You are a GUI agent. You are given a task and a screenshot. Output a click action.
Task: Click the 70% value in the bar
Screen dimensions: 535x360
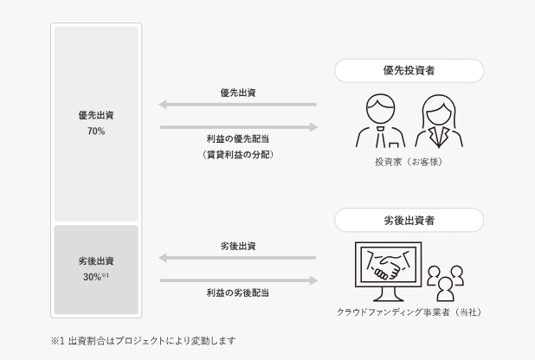tap(96, 131)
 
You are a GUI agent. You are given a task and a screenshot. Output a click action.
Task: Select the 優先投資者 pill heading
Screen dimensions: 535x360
tap(409, 71)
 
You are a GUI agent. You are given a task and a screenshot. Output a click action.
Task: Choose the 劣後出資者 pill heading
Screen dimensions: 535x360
tap(409, 221)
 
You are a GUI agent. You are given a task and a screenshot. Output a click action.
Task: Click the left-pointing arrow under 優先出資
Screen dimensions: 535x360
tap(237, 105)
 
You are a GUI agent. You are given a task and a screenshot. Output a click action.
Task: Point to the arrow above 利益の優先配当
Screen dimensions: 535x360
tap(239, 127)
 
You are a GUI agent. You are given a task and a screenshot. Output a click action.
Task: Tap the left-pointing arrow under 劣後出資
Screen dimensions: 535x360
tap(237, 258)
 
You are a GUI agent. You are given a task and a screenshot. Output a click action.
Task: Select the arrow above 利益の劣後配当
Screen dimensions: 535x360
tap(239, 280)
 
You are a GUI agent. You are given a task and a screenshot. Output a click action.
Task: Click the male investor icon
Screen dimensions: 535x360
tap(380, 120)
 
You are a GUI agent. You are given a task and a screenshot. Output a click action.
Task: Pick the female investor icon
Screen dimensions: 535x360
tap(439, 121)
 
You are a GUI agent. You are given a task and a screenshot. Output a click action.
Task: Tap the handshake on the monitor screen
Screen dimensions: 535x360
tap(389, 265)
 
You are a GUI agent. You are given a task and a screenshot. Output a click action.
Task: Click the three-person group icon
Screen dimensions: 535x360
tap(446, 283)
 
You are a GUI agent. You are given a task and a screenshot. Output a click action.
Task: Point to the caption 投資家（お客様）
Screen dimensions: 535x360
tap(409, 162)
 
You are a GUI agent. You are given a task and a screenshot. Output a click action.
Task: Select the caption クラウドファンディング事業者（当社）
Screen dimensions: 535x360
tap(409, 312)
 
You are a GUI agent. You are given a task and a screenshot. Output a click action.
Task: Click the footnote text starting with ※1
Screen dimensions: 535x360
tap(144, 341)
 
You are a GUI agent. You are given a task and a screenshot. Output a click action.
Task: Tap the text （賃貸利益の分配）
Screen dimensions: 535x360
tap(238, 155)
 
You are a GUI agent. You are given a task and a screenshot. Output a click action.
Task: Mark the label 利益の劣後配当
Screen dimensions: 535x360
tap(238, 292)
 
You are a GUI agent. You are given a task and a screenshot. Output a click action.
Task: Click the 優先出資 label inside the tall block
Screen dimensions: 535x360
tap(96, 115)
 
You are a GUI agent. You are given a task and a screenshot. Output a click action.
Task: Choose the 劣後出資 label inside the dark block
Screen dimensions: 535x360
tap(96, 261)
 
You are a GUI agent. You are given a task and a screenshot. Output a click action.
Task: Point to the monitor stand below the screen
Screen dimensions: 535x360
tap(389, 294)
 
